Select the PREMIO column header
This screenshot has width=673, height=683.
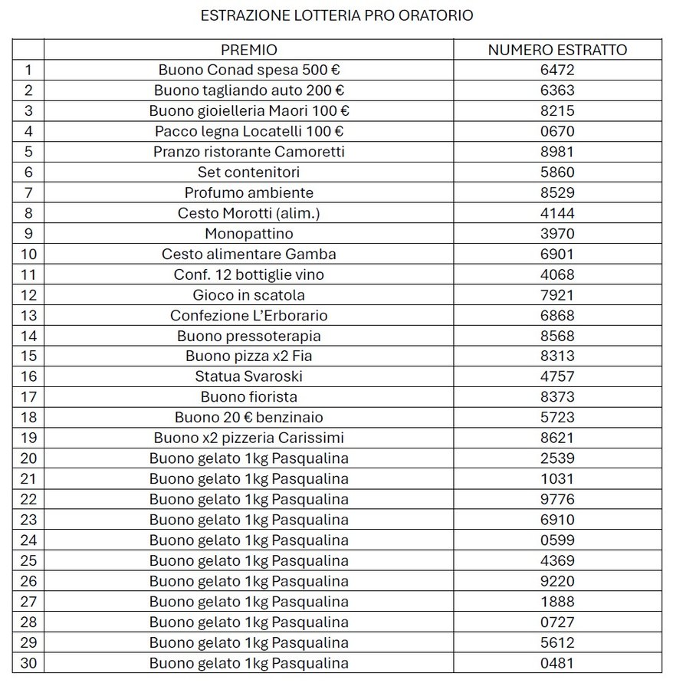pos(248,50)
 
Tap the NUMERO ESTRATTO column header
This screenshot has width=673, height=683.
pos(557,50)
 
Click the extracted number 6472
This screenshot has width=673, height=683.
pos(557,71)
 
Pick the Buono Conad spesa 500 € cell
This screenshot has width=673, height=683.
pos(249,71)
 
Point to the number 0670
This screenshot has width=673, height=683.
pos(557,131)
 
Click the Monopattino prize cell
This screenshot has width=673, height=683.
pos(249,233)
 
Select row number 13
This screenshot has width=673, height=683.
pos(29,315)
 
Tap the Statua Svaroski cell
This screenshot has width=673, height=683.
pos(249,376)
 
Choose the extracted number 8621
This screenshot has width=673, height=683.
pos(557,438)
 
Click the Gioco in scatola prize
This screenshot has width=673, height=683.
pos(249,294)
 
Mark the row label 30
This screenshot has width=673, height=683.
pos(29,663)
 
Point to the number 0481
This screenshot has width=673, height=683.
pos(557,663)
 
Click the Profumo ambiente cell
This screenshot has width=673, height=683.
pos(249,192)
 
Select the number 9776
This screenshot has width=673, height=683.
pos(557,499)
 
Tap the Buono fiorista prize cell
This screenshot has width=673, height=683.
pos(249,397)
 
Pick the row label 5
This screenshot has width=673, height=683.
pos(29,152)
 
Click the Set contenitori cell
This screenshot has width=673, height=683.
pos(249,172)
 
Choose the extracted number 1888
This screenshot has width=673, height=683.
pos(557,602)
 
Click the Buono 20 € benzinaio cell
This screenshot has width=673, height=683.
pos(249,417)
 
